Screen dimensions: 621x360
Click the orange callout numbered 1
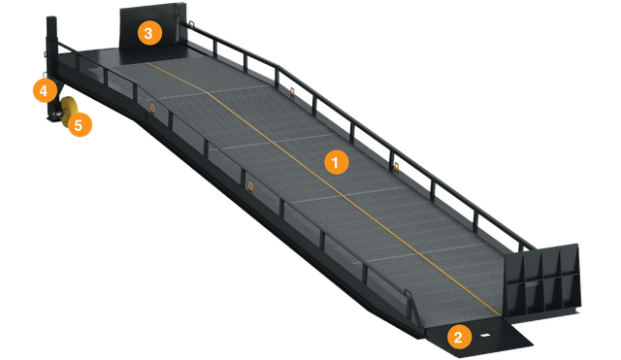[x=337, y=162]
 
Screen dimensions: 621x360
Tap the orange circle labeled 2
[x=459, y=337]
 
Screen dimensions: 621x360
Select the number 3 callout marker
[x=149, y=33]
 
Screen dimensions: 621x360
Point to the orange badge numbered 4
[x=45, y=90]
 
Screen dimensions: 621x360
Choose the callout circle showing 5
[x=80, y=125]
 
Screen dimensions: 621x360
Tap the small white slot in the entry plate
[x=484, y=336]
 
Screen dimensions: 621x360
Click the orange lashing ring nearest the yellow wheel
[x=152, y=108]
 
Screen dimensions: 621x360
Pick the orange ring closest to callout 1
[x=396, y=167]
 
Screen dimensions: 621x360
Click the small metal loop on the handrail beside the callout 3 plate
[x=191, y=23]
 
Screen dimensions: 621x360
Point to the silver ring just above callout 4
[x=46, y=75]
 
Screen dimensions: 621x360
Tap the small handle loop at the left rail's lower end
[x=407, y=294]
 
